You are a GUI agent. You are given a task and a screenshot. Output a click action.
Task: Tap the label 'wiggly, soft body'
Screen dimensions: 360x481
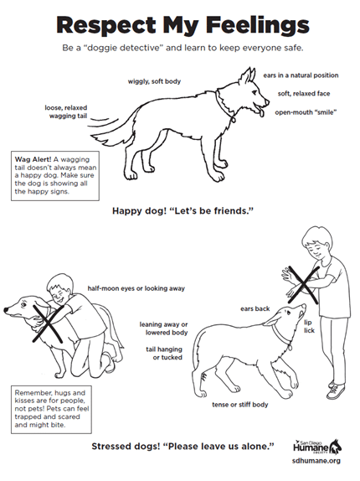[154, 81]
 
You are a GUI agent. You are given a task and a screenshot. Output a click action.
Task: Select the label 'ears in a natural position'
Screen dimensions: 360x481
[301, 75]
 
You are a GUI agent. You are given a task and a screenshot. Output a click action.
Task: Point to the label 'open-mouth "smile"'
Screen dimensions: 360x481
[306, 112]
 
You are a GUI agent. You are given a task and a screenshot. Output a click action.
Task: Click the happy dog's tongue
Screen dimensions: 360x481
[260, 112]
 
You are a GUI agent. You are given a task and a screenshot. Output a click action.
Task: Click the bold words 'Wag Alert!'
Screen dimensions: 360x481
[33, 159]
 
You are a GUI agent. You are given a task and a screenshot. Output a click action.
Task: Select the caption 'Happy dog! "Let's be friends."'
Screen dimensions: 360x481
[183, 211]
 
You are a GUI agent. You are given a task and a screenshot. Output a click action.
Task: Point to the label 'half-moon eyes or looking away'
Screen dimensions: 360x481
[136, 288]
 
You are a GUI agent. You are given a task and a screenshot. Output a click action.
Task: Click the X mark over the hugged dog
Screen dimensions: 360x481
[48, 323]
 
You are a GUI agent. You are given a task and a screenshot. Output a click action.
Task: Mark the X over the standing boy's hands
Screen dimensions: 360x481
[303, 284]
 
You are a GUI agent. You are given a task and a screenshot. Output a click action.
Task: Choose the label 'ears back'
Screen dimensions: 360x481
[255, 308]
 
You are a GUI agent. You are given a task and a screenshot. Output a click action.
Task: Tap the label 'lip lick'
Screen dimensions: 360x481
[309, 327]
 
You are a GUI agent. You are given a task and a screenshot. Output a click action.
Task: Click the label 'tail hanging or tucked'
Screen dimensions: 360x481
[164, 354]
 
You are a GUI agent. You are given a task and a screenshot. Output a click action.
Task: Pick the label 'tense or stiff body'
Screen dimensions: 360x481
[240, 405]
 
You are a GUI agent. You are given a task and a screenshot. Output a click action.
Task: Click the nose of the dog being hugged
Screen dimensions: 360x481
[6, 310]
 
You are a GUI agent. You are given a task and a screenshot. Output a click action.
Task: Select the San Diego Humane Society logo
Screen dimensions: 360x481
[317, 447]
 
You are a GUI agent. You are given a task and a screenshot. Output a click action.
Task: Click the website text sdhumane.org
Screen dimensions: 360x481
[316, 461]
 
